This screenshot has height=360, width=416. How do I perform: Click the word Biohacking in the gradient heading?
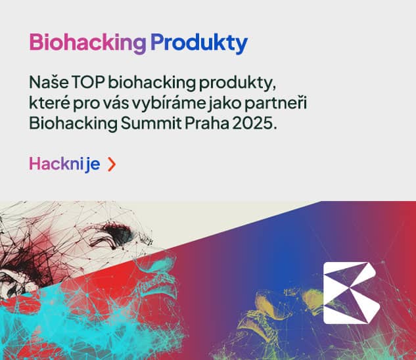87,43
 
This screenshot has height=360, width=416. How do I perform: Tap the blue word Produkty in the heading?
198,43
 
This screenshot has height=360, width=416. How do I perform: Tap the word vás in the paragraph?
114,103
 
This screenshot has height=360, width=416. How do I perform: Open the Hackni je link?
64,164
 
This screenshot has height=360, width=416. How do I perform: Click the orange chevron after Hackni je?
111,164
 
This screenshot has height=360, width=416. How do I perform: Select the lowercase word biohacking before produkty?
151,83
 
